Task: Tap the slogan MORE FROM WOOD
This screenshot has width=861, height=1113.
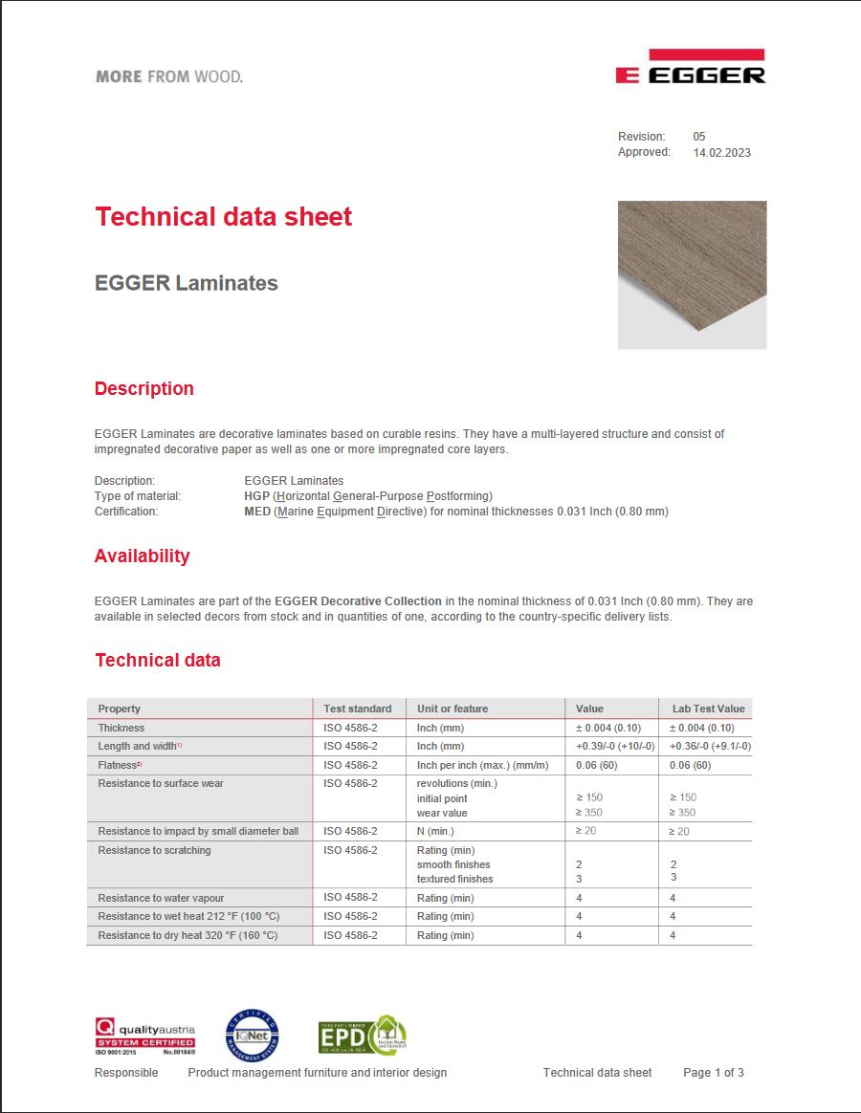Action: (169, 76)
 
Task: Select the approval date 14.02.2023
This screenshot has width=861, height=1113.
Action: (721, 152)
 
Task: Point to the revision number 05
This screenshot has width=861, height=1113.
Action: (699, 137)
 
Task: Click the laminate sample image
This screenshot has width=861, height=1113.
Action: (692, 274)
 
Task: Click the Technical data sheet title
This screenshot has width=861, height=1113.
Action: (224, 217)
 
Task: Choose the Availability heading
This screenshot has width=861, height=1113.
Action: (142, 556)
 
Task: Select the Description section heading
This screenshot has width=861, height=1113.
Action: (143, 389)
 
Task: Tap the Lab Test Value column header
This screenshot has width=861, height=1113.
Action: (708, 709)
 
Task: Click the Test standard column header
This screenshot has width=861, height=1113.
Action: (358, 709)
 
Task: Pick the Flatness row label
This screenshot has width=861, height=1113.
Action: (120, 765)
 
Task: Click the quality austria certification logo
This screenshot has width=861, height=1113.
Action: (144, 1036)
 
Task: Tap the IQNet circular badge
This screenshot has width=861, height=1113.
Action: (253, 1036)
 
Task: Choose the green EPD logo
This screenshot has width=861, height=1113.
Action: (362, 1036)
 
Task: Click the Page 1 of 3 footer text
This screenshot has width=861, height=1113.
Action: (713, 1073)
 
